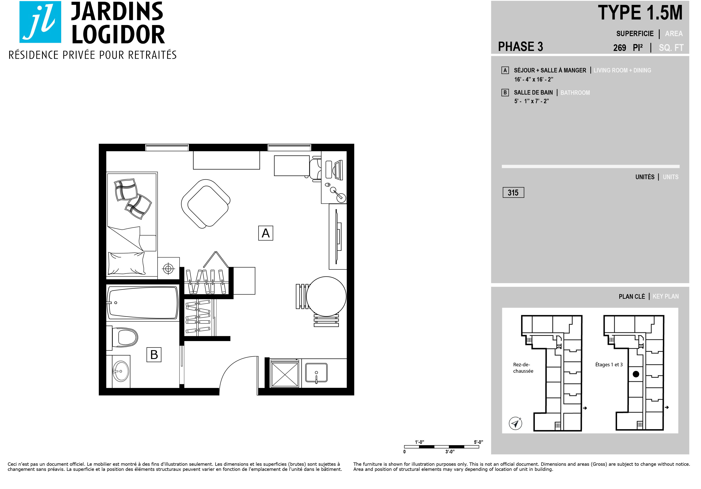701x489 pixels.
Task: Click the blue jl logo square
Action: click(40, 22)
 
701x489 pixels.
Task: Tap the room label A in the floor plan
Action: click(266, 233)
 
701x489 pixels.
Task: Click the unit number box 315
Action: click(513, 192)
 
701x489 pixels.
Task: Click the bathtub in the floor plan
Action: click(143, 303)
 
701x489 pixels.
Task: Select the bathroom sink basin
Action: click(121, 371)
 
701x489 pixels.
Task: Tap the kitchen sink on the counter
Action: click(316, 373)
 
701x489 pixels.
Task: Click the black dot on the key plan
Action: click(636, 374)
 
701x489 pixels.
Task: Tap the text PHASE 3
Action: click(521, 47)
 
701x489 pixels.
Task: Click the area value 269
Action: click(620, 48)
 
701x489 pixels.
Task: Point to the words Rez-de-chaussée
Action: click(523, 368)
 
